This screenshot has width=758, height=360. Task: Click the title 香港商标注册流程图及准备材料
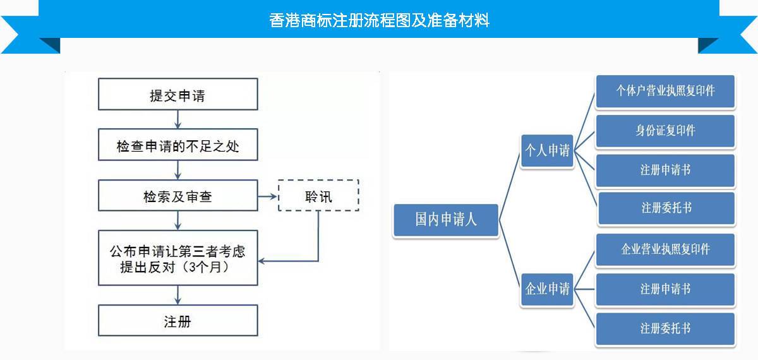pos(379,20)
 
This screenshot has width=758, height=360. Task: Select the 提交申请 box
pos(177,95)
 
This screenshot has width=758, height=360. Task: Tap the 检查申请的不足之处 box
pos(177,147)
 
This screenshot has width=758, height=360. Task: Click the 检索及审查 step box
pos(177,196)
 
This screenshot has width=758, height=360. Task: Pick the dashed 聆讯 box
pos(318,196)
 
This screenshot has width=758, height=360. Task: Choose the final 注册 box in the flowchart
pos(177,321)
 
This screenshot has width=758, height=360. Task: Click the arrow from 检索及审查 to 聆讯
pos(268,196)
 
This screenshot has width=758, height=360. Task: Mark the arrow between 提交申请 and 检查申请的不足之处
pos(177,120)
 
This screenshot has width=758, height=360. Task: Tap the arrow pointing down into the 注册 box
pos(177,295)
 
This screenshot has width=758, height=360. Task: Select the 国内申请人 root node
pos(446,219)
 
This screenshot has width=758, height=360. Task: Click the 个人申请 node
pos(547,150)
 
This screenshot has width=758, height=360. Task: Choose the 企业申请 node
pos(547,289)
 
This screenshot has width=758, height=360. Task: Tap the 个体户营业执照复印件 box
pos(665,91)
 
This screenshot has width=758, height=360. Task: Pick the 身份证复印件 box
pos(665,130)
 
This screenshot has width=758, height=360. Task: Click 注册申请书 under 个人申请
pos(665,170)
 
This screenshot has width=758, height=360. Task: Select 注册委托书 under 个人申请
pos(665,208)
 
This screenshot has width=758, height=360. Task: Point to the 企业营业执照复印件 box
pos(665,249)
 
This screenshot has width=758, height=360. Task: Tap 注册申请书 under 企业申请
pos(665,289)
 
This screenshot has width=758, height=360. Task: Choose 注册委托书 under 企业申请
pos(665,328)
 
